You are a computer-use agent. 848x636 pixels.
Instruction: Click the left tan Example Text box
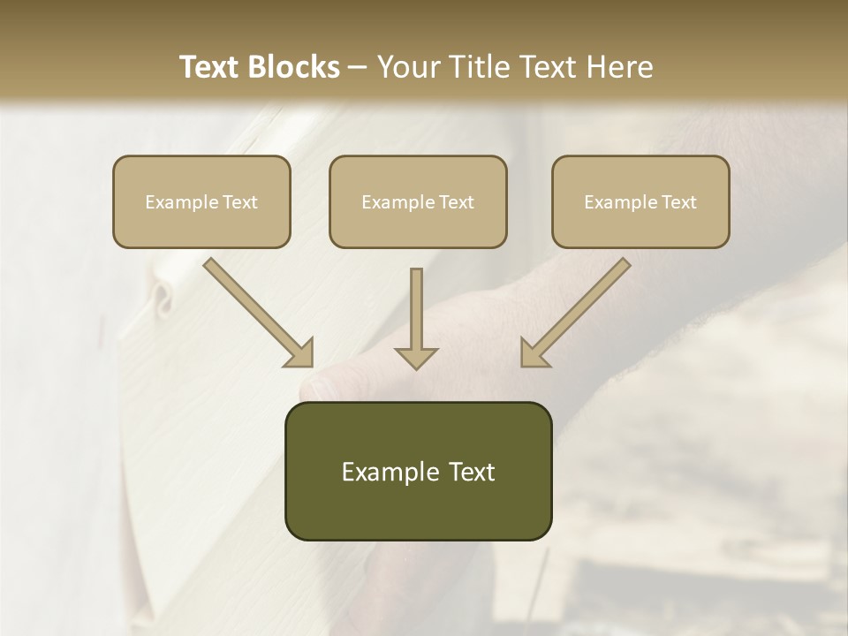(x=201, y=202)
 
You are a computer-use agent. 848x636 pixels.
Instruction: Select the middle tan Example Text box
(x=418, y=202)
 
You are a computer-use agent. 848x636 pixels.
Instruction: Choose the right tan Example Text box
(x=640, y=202)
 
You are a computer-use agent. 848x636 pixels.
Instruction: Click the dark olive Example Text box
(x=418, y=472)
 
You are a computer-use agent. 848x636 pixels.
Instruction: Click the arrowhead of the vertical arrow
(x=416, y=357)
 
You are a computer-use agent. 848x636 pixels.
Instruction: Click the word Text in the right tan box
(x=678, y=202)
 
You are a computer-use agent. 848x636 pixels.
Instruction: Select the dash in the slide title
(x=359, y=67)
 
